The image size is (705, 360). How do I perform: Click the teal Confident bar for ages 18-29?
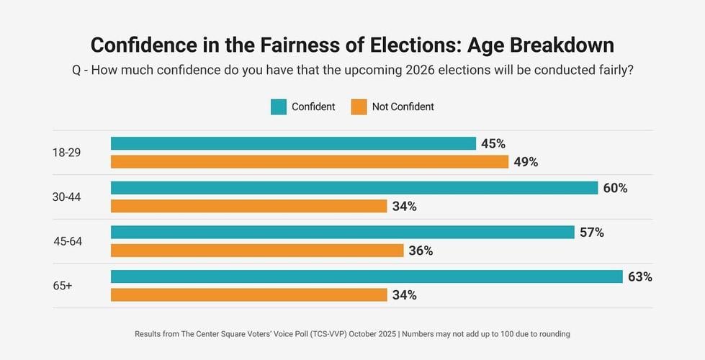[x=293, y=144]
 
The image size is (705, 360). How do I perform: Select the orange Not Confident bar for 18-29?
[x=310, y=162]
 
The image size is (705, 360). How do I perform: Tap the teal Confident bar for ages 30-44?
[x=354, y=188]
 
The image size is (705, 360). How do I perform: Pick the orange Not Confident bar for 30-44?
[x=248, y=207]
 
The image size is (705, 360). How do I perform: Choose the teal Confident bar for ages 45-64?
[x=342, y=233]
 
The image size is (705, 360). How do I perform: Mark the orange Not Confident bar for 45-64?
[x=256, y=251]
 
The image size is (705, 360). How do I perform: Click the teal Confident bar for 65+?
[x=367, y=277]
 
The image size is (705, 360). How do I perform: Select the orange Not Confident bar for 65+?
[x=248, y=295]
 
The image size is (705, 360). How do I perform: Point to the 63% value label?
[x=640, y=277]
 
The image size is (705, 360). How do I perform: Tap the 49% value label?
[x=526, y=162]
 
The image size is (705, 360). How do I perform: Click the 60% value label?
[x=615, y=188]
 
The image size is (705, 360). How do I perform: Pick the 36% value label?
[x=421, y=251]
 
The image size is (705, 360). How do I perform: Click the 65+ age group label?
[x=63, y=286]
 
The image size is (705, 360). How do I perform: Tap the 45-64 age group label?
[x=68, y=241]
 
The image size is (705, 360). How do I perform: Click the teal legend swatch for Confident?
[x=279, y=107]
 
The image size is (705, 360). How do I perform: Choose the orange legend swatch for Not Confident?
[x=359, y=107]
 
